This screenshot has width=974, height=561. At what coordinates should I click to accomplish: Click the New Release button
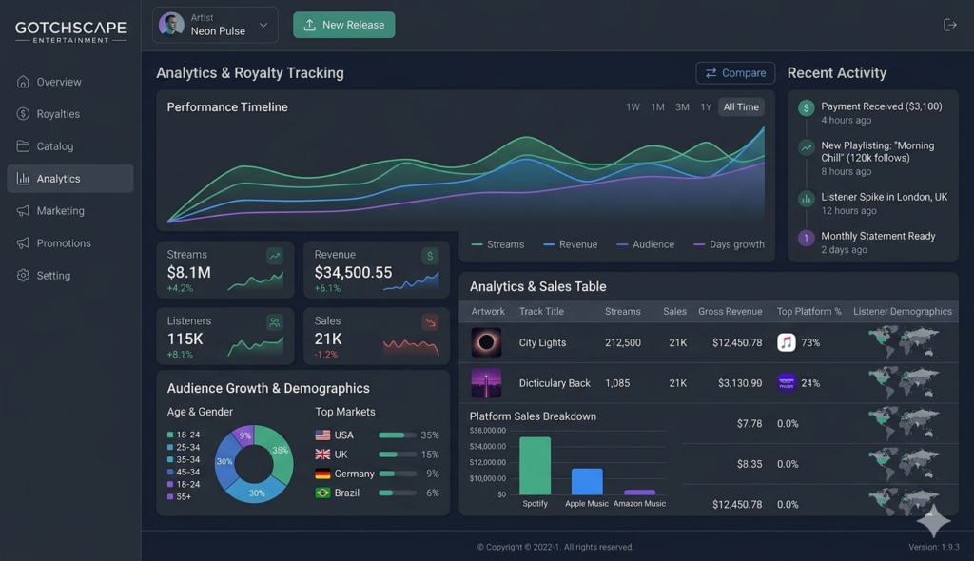(343, 25)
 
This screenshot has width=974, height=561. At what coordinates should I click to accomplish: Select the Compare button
(735, 73)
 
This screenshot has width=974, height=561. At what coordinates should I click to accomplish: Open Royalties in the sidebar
(58, 114)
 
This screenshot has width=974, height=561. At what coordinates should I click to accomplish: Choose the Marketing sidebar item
(60, 210)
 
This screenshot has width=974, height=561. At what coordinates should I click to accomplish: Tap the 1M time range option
(657, 106)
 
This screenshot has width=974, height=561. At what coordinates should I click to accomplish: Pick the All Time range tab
(741, 106)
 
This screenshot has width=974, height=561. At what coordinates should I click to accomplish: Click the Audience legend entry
(646, 244)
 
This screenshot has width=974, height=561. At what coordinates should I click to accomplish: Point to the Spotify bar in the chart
(535, 466)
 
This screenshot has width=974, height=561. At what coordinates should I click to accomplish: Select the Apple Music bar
(587, 481)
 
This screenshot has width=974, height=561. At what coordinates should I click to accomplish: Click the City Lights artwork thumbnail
(486, 342)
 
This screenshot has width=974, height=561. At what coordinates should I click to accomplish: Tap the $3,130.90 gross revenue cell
(740, 383)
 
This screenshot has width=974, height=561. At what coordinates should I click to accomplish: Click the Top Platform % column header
(808, 311)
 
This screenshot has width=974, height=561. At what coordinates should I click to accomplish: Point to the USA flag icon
(323, 435)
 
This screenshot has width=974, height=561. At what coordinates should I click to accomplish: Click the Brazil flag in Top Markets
(323, 493)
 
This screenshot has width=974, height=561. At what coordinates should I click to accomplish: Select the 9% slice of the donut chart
(244, 435)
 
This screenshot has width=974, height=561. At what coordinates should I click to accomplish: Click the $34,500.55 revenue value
(353, 272)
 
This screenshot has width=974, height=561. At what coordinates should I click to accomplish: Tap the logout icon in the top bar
(950, 25)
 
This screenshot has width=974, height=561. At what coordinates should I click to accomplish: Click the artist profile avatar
(171, 25)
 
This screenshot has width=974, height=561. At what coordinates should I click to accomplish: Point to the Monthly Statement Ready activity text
(878, 236)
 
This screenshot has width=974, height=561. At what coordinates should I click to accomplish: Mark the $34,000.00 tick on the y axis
(488, 446)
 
